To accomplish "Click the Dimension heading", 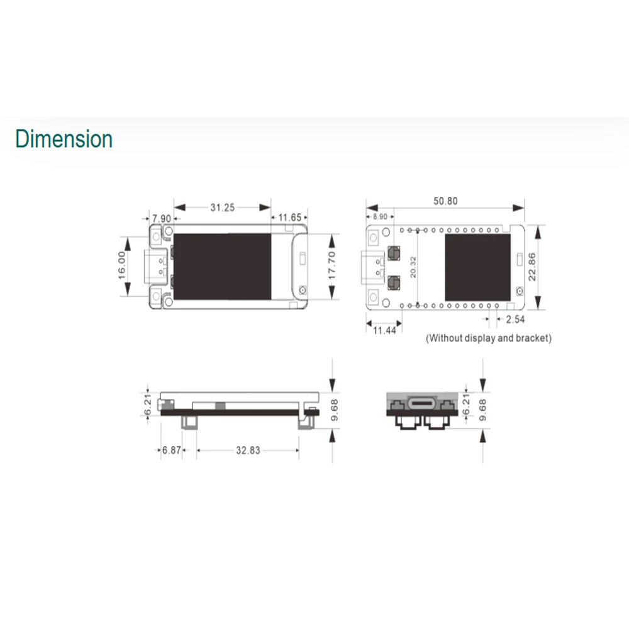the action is coord(64,139).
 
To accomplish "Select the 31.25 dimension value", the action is coord(223,208).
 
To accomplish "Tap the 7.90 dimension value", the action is coord(162,219).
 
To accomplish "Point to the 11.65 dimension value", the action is coord(289,218).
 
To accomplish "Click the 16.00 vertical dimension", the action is coord(122,265).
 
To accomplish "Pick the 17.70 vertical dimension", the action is coord(331,265).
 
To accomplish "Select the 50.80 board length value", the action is coord(445,201).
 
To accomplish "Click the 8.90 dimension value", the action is coord(380,216).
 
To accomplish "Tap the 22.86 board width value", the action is coord(532,267).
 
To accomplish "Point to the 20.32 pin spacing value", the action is coord(413,267).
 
